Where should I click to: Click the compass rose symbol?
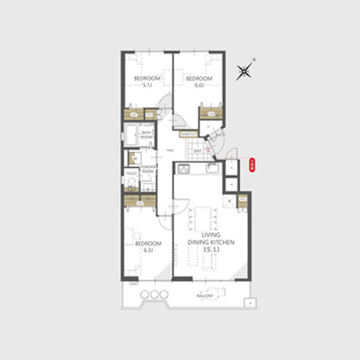[x=244, y=71]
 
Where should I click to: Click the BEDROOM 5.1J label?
[x=147, y=81]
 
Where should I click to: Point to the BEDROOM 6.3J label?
[x=148, y=246]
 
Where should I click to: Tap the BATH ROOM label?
[x=147, y=135]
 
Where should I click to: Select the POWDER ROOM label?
[x=147, y=170]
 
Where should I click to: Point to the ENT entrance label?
[x=197, y=151]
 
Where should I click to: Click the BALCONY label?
[x=204, y=296]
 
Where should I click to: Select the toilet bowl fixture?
[x=131, y=183]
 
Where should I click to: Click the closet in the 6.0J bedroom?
[x=210, y=113]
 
